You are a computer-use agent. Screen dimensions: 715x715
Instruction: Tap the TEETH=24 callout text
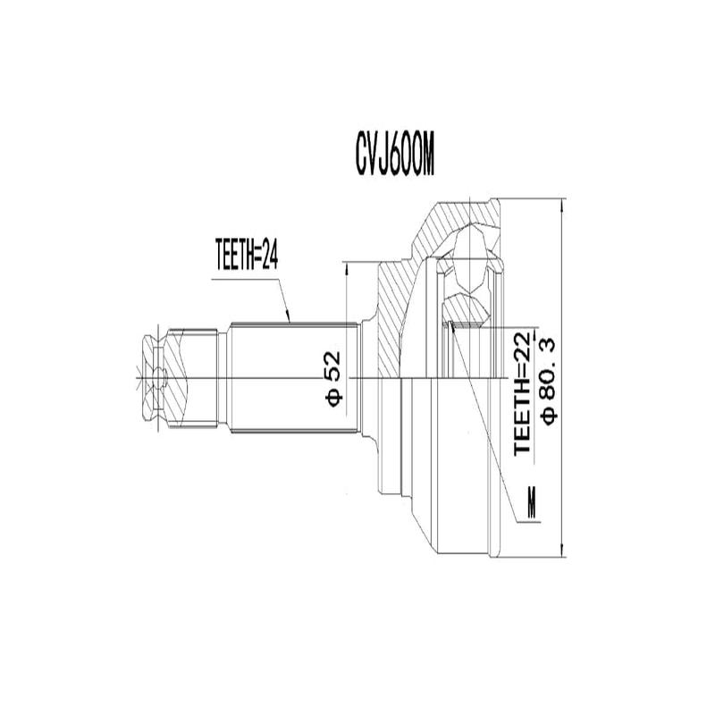[248, 256]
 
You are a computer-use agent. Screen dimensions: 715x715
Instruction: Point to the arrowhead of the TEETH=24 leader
[289, 317]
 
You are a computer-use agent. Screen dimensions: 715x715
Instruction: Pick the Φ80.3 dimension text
[547, 379]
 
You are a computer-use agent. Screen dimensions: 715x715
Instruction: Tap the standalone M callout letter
[533, 505]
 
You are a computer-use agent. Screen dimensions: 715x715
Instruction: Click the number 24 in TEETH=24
[271, 256]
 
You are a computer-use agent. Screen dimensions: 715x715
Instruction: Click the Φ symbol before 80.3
[547, 414]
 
